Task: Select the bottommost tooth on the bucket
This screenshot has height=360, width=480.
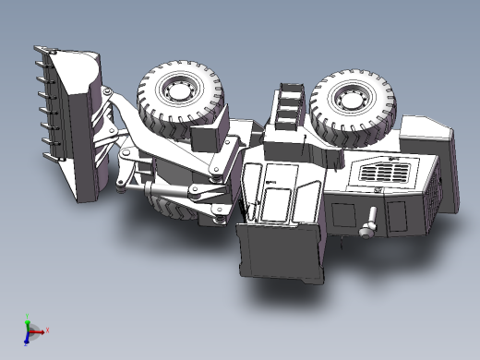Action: click(50, 156)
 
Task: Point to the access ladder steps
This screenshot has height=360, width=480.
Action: click(290, 103)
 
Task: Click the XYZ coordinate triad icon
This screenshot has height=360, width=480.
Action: click(30, 330)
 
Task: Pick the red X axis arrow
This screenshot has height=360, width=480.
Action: click(42, 329)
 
